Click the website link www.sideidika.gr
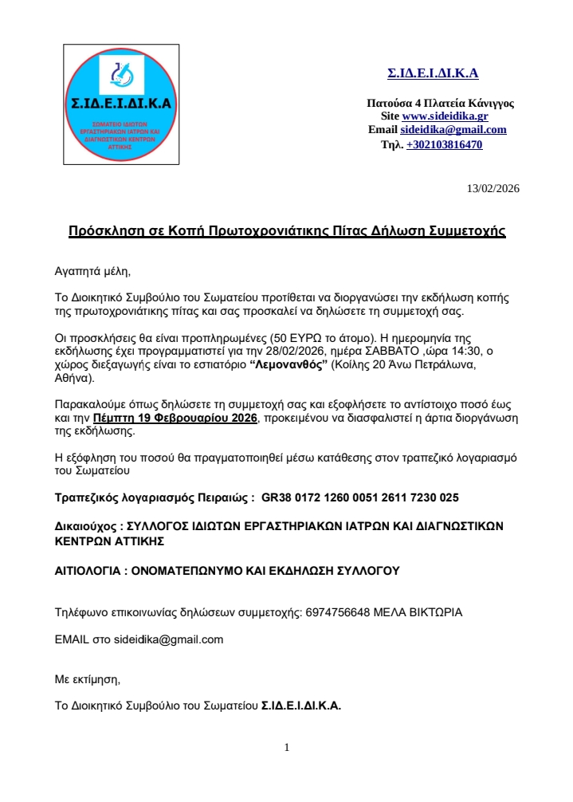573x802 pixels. pyautogui.click(x=445, y=116)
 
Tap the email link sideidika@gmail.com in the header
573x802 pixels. pyautogui.click(x=453, y=130)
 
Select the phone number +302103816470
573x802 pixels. pyautogui.click(x=444, y=145)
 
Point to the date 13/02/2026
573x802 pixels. pyautogui.click(x=493, y=189)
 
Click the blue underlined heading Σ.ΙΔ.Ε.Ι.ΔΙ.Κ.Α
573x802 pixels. pyautogui.click(x=433, y=74)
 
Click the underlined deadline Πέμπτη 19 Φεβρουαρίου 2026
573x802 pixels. pyautogui.click(x=175, y=419)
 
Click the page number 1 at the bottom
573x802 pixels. pyautogui.click(x=287, y=747)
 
